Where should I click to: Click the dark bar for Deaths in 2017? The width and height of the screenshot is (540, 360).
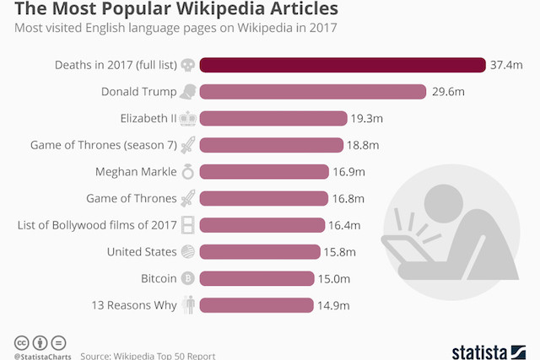342,65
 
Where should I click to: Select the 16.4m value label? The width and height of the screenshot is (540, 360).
345,225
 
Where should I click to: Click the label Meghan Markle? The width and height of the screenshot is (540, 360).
136,172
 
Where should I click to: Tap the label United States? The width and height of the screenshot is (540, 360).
142,251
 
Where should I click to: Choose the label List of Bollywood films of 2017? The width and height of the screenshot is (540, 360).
96,225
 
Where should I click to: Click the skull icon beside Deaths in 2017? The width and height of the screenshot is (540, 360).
188,65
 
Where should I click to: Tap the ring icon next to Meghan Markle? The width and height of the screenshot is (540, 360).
188,172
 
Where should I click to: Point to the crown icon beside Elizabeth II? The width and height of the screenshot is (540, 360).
188,119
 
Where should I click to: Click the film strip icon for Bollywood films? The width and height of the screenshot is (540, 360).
188,225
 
